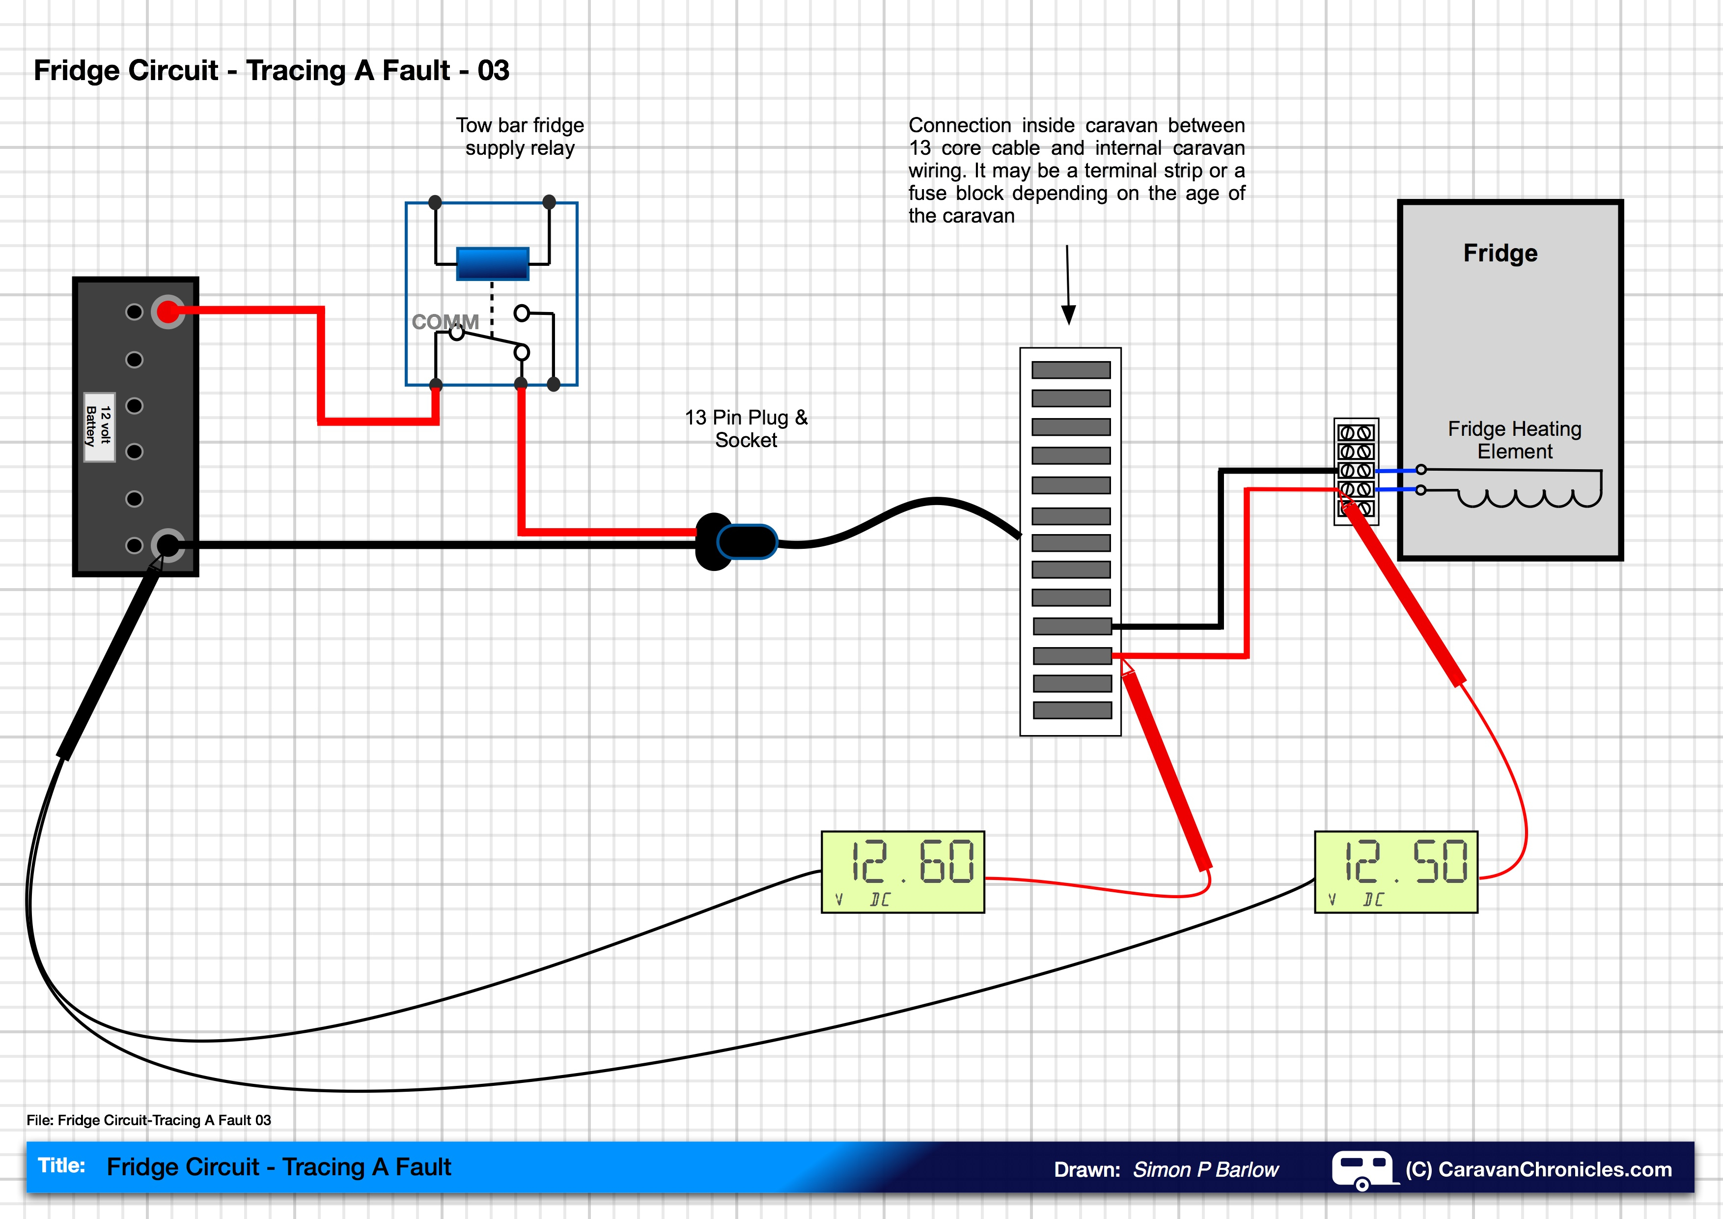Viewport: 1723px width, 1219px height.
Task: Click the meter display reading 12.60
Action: point(902,872)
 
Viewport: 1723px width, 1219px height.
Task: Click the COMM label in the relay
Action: point(445,322)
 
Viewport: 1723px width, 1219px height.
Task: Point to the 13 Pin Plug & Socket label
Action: point(746,428)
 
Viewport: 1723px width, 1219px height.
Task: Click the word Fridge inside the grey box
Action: point(1500,253)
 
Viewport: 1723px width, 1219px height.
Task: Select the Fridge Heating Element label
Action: point(1514,440)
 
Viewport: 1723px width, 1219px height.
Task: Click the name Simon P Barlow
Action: point(1205,1169)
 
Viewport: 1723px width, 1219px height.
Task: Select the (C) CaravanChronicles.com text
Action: point(1538,1169)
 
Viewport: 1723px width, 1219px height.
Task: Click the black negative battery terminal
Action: point(167,545)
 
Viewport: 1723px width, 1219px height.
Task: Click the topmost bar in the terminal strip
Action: point(1070,370)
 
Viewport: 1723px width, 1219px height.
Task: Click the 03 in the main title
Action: point(493,71)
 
